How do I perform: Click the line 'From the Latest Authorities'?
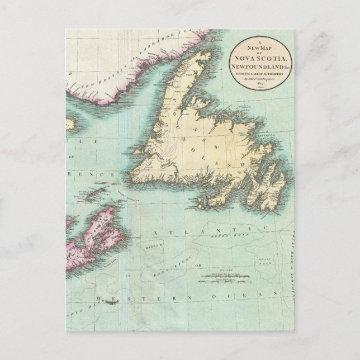262,74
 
